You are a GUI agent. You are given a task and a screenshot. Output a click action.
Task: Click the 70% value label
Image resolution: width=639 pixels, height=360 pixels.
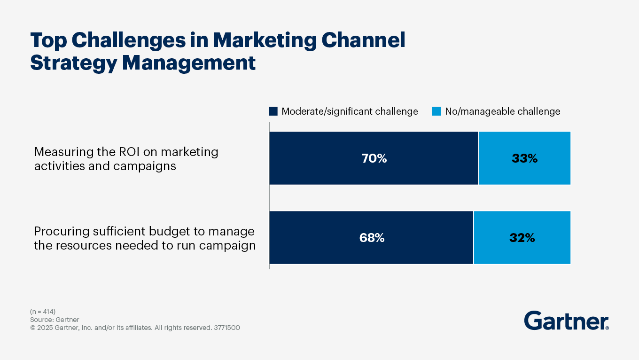point(374,158)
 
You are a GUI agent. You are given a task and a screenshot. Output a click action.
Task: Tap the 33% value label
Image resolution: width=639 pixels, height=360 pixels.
point(524,158)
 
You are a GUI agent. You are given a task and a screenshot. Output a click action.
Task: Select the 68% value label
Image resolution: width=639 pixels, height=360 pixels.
point(372,238)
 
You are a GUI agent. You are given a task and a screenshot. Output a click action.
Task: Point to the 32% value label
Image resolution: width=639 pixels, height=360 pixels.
point(522,238)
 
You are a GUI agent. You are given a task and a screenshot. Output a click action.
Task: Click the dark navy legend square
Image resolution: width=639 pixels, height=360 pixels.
point(273,111)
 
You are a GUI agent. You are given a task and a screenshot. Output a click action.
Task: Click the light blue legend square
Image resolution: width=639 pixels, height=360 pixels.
point(436,111)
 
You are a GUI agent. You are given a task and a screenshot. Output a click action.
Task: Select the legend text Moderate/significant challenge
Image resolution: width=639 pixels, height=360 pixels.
point(350,111)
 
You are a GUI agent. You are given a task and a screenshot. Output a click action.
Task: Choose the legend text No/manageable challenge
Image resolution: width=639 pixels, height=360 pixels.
point(503,111)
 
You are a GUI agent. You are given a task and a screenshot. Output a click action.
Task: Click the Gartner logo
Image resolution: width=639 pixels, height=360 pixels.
point(566,321)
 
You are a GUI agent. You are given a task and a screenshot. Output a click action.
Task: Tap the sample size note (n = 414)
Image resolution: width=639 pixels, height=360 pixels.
point(43,312)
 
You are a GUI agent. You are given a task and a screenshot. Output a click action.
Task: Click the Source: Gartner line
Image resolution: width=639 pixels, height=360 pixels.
point(55,320)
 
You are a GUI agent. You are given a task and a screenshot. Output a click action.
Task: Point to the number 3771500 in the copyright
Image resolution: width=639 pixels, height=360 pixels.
point(227,328)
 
